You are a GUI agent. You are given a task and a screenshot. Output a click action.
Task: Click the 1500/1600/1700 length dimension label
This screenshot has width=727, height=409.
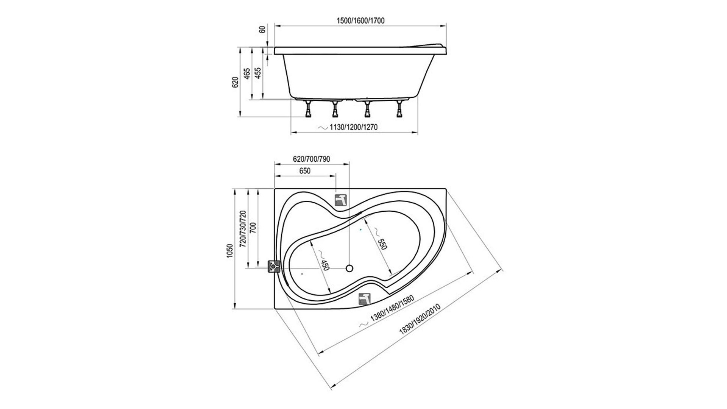point(360,21)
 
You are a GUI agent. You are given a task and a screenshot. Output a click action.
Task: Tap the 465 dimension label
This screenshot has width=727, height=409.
point(246,84)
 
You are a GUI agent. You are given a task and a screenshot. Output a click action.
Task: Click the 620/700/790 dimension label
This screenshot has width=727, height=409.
point(311,159)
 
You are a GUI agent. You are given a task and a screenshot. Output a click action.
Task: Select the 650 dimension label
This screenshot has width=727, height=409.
point(305,171)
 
